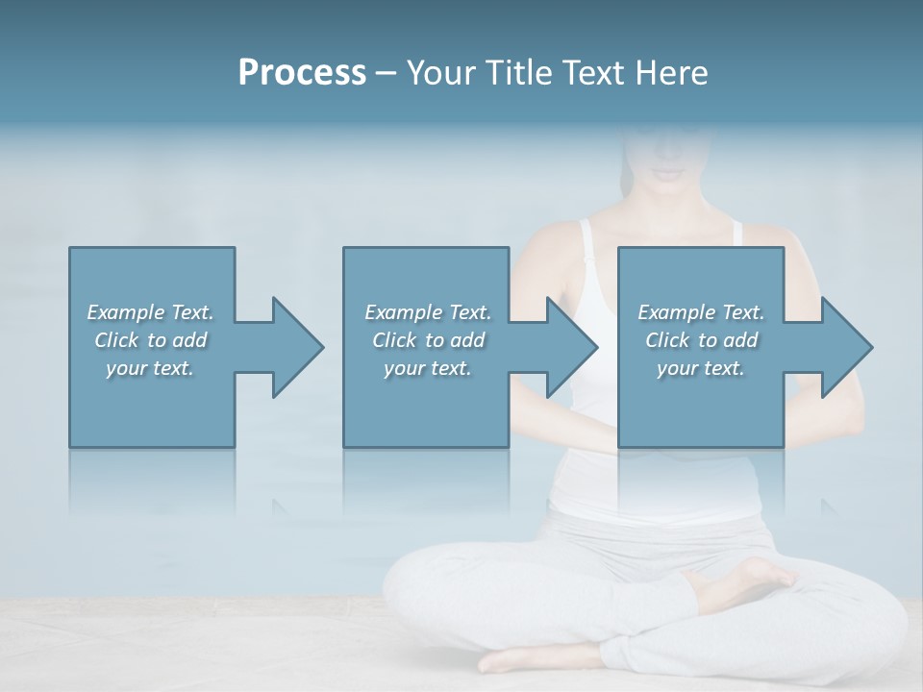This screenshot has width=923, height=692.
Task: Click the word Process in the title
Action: (x=302, y=72)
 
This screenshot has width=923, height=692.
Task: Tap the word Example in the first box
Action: (x=126, y=312)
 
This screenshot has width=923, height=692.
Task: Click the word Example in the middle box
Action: (x=404, y=312)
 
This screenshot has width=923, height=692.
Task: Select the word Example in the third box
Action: (x=677, y=312)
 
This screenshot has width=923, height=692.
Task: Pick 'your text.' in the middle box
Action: (x=428, y=368)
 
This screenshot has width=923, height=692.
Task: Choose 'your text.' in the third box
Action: (x=701, y=368)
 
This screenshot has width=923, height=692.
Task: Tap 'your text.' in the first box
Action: (x=150, y=368)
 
